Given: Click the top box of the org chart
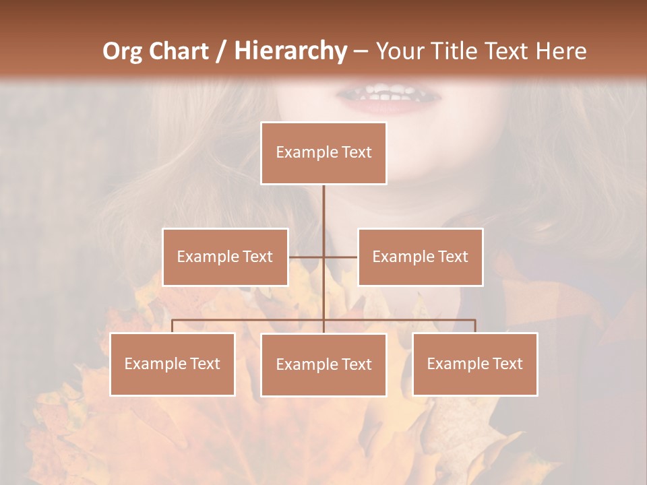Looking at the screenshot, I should pyautogui.click(x=323, y=153).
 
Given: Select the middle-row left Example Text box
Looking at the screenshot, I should pyautogui.click(x=225, y=257).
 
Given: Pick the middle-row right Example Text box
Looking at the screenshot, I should pyautogui.click(x=420, y=257).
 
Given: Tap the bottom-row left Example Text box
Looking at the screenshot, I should pyautogui.click(x=173, y=364).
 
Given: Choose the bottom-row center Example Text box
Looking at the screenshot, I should pyautogui.click(x=323, y=364).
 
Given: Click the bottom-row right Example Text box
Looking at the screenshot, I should pyautogui.click(x=475, y=364).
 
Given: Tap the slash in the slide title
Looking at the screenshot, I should pyautogui.click(x=221, y=51).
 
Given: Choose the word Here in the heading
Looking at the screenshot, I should pyautogui.click(x=561, y=51).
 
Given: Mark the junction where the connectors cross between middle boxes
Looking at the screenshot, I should pyautogui.click(x=323, y=257).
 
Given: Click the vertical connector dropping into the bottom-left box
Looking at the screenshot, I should pyautogui.click(x=173, y=326).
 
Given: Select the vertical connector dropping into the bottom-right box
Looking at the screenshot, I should pyautogui.click(x=475, y=326).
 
